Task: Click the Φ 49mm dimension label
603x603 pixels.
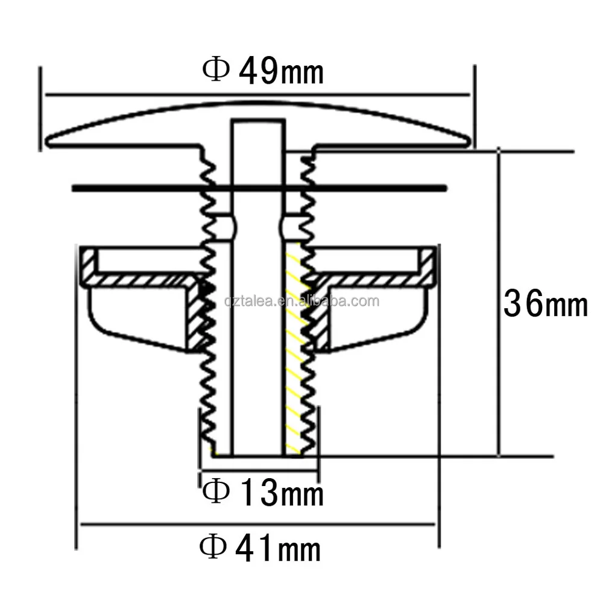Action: click(264, 72)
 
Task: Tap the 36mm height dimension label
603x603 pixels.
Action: click(545, 303)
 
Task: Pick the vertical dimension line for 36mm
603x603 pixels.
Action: click(499, 241)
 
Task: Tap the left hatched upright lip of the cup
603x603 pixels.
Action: click(88, 265)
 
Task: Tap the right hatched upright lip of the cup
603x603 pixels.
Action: click(427, 265)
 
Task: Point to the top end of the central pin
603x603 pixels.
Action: click(257, 122)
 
